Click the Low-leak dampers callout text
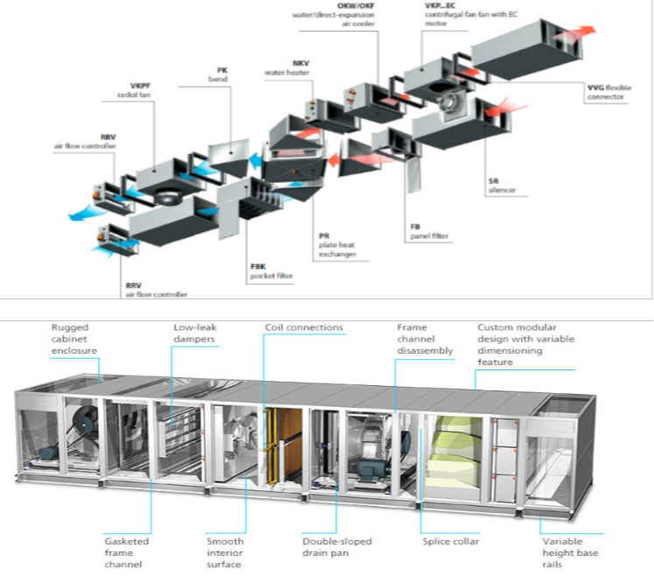(193, 334)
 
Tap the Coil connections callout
(304, 328)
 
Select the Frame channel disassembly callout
(425, 340)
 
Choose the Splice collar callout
(449, 541)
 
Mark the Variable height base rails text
(566, 552)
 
